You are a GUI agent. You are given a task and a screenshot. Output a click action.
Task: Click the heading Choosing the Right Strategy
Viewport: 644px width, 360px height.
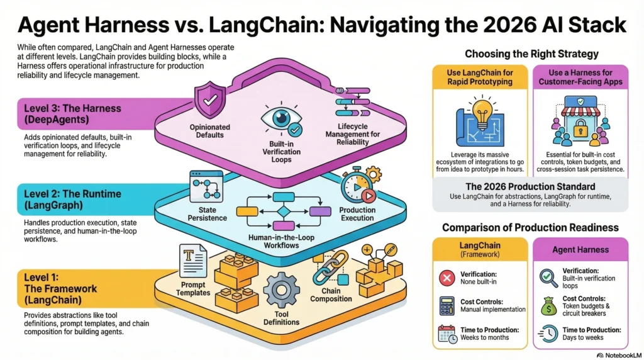tap(531, 54)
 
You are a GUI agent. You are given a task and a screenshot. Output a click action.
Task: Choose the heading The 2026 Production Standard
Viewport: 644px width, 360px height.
tap(530, 186)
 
